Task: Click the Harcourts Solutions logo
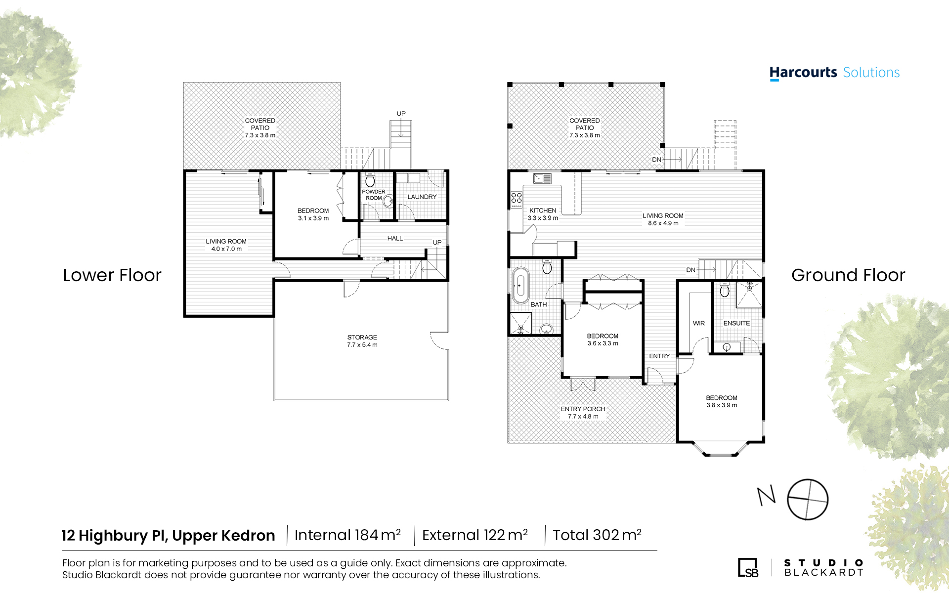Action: pyautogui.click(x=834, y=73)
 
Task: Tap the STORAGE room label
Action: pyautogui.click(x=362, y=338)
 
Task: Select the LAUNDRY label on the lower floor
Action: pyautogui.click(x=422, y=197)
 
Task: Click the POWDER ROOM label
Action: pyautogui.click(x=374, y=195)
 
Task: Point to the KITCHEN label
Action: pyautogui.click(x=543, y=211)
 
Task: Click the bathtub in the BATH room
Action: pyautogui.click(x=519, y=285)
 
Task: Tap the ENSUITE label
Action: pyautogui.click(x=736, y=323)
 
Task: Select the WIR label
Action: pyautogui.click(x=699, y=323)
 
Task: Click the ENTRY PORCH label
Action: pyautogui.click(x=583, y=409)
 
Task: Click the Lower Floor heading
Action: pyautogui.click(x=112, y=275)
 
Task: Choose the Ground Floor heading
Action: pyautogui.click(x=848, y=275)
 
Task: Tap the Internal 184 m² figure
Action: pyautogui.click(x=347, y=535)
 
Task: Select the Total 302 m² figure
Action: pyautogui.click(x=597, y=535)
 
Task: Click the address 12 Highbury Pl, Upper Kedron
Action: pyautogui.click(x=168, y=536)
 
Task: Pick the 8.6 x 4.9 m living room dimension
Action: pyautogui.click(x=663, y=223)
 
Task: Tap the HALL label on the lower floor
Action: pyautogui.click(x=395, y=239)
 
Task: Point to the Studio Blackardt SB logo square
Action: pyautogui.click(x=748, y=567)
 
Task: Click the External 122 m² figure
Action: pyautogui.click(x=475, y=535)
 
